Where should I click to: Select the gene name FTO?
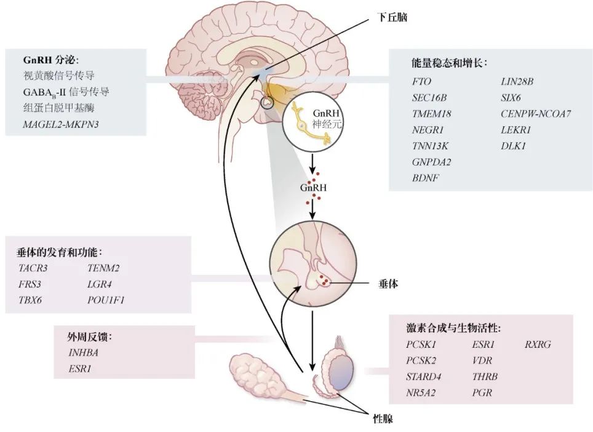[x=421, y=81]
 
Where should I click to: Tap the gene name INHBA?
[x=83, y=353]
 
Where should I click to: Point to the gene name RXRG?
[x=537, y=345]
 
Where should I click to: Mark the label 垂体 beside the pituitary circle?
[x=390, y=285]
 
